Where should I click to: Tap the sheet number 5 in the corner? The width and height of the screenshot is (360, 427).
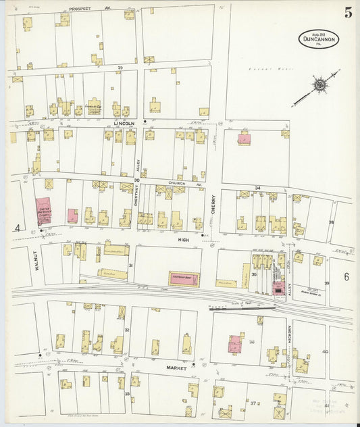coord(348,13)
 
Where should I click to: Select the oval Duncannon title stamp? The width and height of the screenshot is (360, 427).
coord(318,39)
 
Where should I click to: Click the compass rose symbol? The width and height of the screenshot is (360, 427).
coord(317,86)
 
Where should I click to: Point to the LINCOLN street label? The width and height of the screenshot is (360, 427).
coord(124,124)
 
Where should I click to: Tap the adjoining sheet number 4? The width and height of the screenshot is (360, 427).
coord(17,228)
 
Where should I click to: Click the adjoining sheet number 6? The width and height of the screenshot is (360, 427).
coord(346,276)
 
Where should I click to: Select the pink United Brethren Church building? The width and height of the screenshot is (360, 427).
coord(44,211)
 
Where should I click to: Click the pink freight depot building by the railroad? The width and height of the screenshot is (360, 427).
coord(184,278)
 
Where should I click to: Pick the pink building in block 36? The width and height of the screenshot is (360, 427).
coord(236,344)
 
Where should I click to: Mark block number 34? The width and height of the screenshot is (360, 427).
coord(257,188)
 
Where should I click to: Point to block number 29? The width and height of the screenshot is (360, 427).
coord(121,68)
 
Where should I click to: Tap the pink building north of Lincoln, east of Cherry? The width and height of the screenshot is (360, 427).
coord(243,139)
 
